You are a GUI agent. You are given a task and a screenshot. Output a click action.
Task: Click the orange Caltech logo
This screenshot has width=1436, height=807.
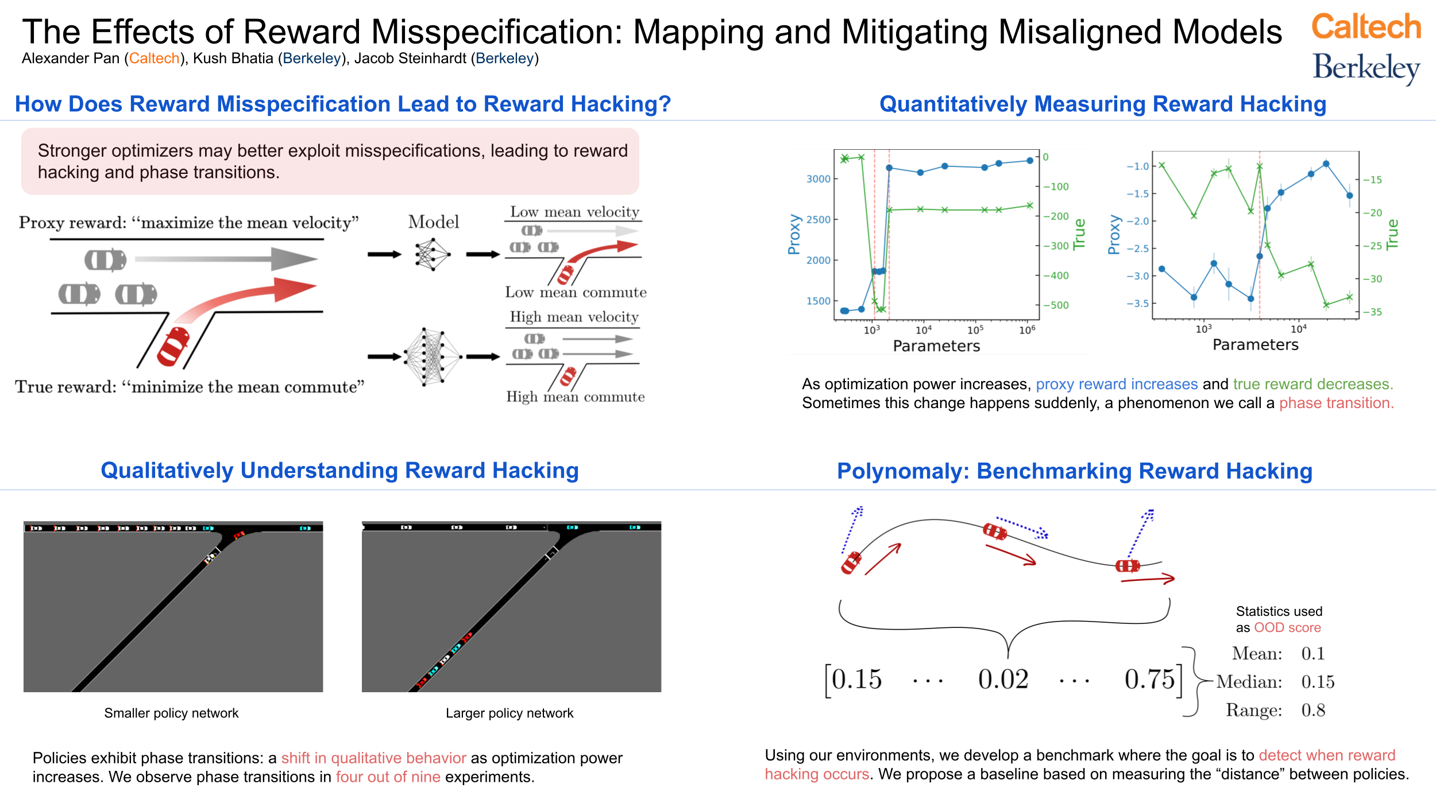(x=1366, y=27)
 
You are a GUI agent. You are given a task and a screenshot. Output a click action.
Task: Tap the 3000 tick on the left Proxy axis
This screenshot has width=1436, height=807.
(x=819, y=179)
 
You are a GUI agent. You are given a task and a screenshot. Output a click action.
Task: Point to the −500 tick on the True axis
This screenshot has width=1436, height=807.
(x=1056, y=305)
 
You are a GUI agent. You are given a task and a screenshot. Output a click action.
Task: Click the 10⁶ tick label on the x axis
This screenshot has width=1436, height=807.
(x=1027, y=330)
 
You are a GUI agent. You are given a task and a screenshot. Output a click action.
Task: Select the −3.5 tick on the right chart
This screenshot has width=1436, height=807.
(x=1137, y=304)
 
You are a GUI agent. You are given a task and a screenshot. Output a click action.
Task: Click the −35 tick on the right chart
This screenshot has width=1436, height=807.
(x=1376, y=312)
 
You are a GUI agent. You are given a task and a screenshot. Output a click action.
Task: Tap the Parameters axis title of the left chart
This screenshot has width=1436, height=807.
(x=936, y=346)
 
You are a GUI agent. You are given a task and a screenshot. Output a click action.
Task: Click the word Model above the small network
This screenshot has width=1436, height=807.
(x=434, y=222)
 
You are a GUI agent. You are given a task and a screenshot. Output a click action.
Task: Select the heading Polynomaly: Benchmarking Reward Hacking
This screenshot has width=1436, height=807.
(x=1074, y=471)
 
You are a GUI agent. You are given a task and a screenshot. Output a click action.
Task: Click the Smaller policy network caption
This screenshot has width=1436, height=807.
(x=171, y=713)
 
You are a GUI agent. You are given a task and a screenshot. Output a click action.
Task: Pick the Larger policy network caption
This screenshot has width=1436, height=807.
(x=509, y=713)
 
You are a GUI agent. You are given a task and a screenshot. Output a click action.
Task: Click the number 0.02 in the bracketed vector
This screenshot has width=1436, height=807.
(x=1003, y=680)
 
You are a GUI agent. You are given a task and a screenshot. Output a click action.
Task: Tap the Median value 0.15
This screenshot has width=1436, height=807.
(x=1318, y=682)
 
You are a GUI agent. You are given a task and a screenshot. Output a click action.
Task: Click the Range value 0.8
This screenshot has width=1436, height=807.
(x=1313, y=711)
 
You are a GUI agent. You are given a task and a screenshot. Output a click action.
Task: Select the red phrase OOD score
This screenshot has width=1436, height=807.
(x=1287, y=627)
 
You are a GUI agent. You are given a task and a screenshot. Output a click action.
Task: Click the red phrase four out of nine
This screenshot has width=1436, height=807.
(x=388, y=777)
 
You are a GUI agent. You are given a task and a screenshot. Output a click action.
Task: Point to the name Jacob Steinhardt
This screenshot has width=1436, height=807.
(x=410, y=59)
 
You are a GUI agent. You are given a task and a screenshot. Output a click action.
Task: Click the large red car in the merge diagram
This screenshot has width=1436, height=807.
(x=173, y=347)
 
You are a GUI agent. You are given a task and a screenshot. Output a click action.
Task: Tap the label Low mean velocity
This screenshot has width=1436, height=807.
(x=574, y=212)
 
